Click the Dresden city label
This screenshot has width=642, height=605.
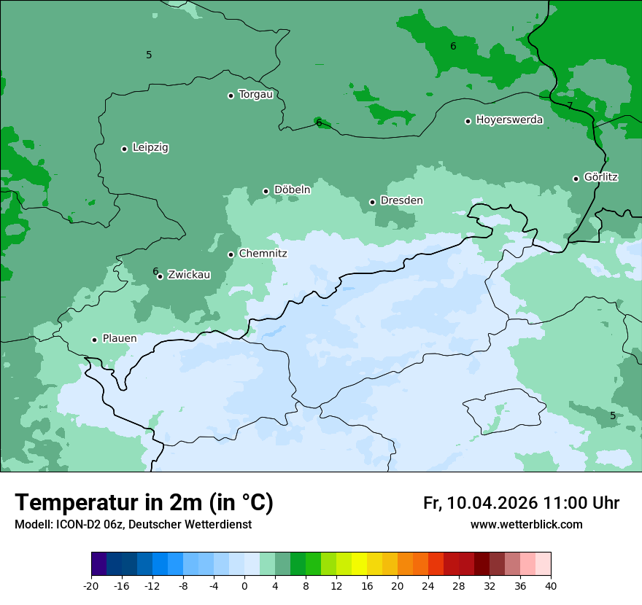[401, 200]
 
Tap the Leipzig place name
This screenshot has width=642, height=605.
[150, 147]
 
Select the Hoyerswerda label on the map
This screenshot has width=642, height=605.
[509, 120]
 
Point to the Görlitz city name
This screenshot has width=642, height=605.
[601, 177]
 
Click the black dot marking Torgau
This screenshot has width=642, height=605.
[231, 95]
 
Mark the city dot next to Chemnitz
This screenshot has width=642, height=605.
[231, 254]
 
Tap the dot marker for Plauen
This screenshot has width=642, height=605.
[94, 340]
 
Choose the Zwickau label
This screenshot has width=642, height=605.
[189, 275]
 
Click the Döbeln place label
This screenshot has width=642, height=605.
[292, 190]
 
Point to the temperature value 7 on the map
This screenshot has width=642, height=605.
[570, 105]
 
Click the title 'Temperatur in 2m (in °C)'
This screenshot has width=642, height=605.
[144, 503]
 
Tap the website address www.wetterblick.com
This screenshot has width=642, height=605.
[526, 525]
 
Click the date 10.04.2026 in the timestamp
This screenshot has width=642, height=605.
[492, 503]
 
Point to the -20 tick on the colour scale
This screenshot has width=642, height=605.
[91, 586]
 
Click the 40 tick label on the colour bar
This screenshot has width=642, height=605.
[551, 586]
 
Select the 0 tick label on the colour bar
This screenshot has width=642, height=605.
[244, 586]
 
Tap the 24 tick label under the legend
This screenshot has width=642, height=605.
[428, 586]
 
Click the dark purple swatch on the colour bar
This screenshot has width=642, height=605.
[98, 564]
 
